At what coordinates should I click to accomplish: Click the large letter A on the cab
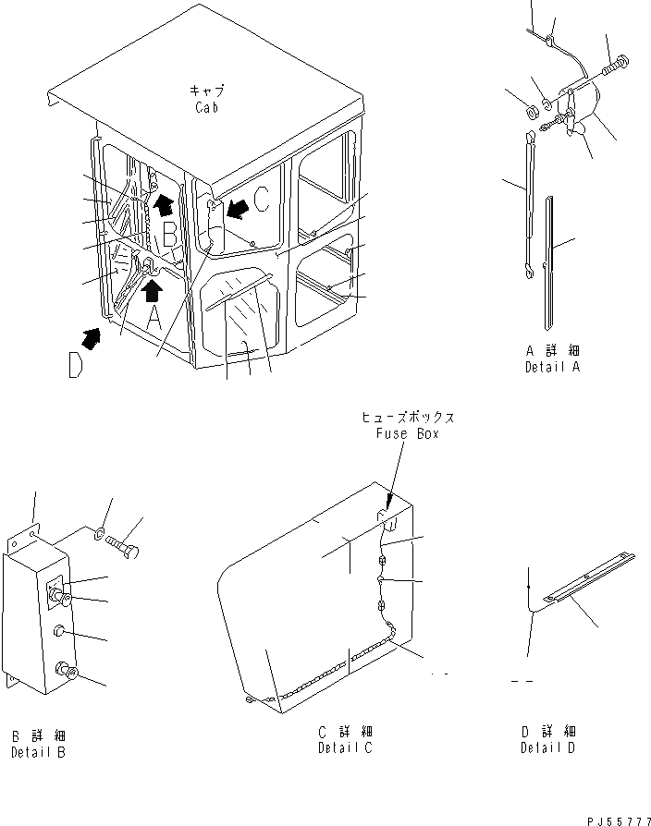(x=154, y=319)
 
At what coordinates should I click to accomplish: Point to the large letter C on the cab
(x=263, y=198)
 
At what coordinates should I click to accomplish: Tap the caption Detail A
(x=554, y=367)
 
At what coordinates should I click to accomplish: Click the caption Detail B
(x=39, y=752)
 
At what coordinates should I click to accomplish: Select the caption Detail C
(x=345, y=747)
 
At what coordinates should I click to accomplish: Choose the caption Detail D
(x=547, y=747)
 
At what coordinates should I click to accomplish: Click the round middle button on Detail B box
(x=60, y=632)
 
